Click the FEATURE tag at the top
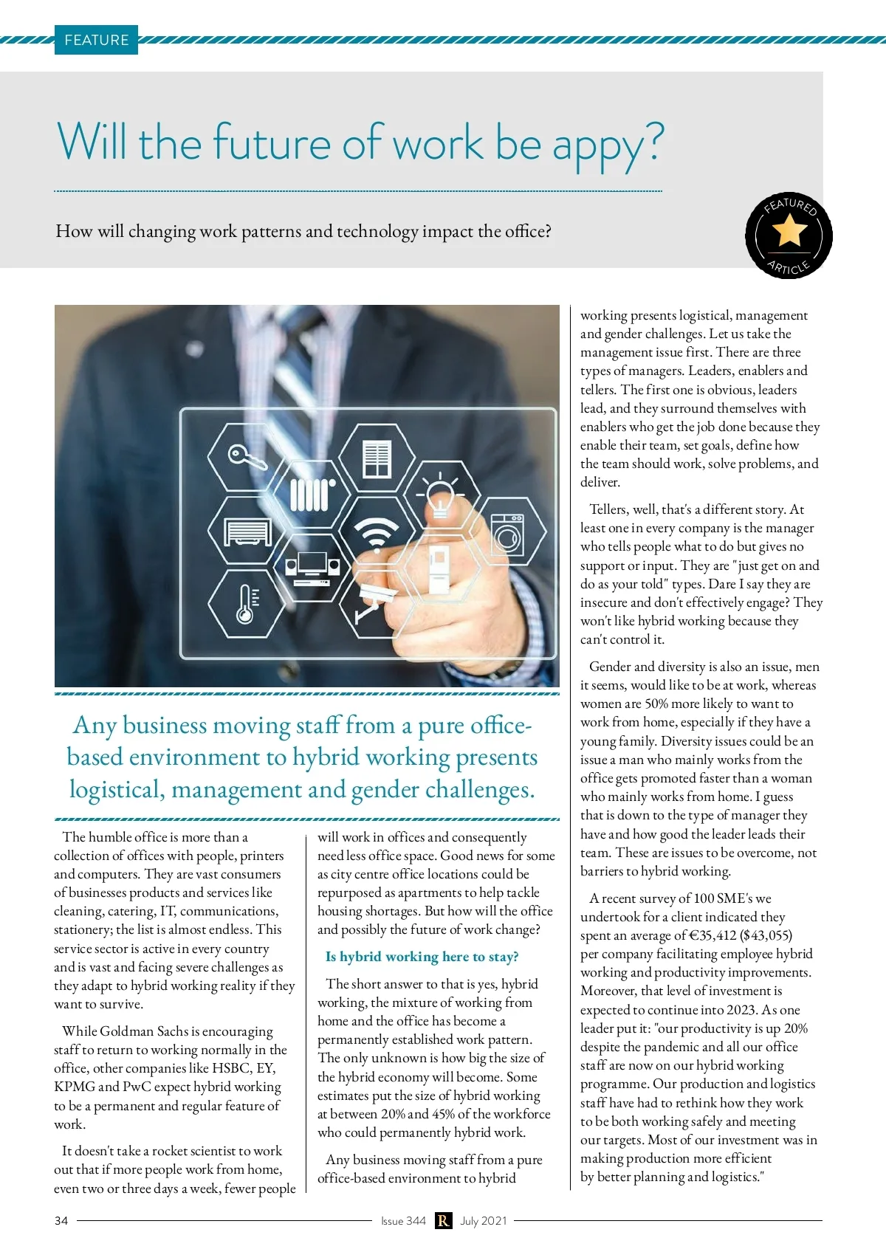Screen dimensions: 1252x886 96,40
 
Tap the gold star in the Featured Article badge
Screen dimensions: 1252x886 789,231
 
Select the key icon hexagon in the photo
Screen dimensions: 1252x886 244,457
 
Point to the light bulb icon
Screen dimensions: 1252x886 440,495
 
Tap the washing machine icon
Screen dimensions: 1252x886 509,533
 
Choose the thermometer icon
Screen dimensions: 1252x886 247,604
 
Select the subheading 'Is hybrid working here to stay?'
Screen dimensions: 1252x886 422,957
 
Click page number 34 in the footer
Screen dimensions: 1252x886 61,1221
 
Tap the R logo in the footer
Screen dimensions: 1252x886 443,1221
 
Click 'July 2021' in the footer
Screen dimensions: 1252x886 484,1221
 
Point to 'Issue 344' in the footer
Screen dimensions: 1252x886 403,1221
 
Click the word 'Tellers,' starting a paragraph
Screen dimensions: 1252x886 609,509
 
